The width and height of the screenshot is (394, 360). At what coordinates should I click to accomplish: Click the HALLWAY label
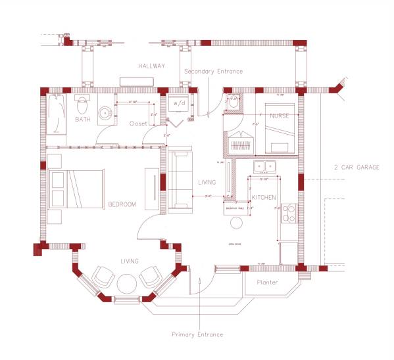pyautogui.click(x=151, y=66)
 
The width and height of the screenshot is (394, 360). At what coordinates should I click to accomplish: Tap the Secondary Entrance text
pyautogui.click(x=213, y=71)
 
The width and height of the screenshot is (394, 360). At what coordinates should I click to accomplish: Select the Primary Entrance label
pyautogui.click(x=197, y=334)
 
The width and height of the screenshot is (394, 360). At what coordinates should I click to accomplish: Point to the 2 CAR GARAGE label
pyautogui.click(x=357, y=168)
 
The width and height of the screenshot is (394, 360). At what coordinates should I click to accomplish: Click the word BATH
pyautogui.click(x=82, y=120)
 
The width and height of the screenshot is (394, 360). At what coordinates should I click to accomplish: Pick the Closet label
pyautogui.click(x=138, y=124)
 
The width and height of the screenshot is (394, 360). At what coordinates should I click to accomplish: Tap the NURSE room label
pyautogui.click(x=280, y=116)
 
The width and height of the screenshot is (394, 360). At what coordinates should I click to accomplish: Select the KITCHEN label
pyautogui.click(x=263, y=197)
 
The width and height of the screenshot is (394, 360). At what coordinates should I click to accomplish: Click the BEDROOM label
pyautogui.click(x=122, y=204)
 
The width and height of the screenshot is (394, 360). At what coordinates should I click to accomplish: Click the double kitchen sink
pyautogui.click(x=265, y=167)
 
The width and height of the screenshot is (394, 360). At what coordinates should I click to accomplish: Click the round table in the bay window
pyautogui.click(x=126, y=283)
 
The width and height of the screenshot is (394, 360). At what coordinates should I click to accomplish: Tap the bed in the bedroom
pyautogui.click(x=76, y=189)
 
